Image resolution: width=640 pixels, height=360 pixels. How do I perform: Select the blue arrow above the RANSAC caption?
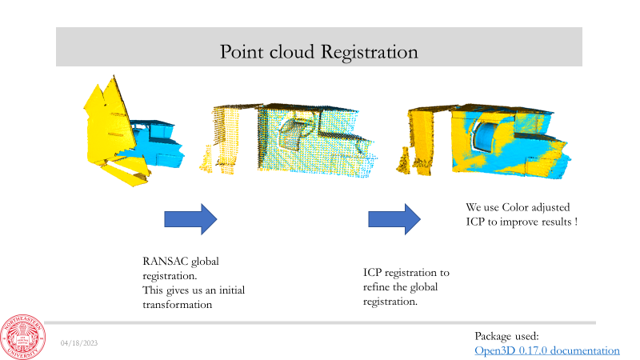pos(190,218)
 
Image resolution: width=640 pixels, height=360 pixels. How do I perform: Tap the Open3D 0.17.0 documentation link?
pos(547,350)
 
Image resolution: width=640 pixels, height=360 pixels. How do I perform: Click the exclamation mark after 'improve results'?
pos(576,222)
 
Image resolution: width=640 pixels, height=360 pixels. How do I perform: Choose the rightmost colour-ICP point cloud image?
pos(488,138)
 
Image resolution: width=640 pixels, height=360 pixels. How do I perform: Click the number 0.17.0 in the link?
pos(533,350)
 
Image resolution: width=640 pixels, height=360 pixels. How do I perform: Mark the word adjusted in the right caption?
pos(561,207)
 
